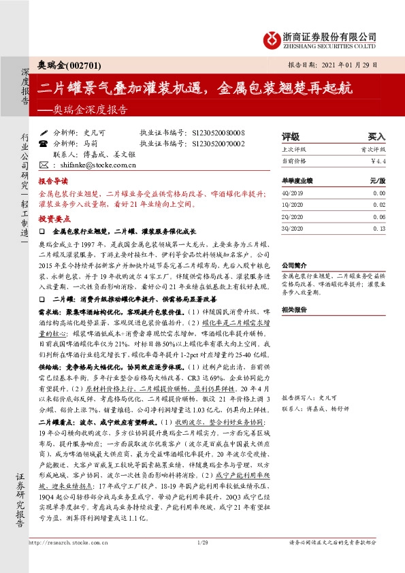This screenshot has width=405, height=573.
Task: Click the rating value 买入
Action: [376, 136]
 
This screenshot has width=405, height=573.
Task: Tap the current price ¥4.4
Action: [378, 161]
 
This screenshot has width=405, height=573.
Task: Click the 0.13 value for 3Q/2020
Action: [378, 229]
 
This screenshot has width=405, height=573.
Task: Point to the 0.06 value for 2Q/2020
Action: [378, 216]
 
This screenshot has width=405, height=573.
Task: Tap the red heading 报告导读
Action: [53, 182]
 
